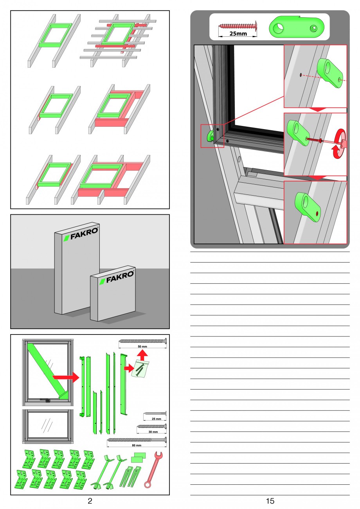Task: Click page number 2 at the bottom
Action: tap(90, 501)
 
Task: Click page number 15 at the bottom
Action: tap(270, 501)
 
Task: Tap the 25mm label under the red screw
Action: tap(238, 34)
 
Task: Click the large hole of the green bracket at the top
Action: tap(278, 28)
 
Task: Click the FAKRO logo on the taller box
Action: tap(81, 234)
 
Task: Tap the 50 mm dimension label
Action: tap(142, 346)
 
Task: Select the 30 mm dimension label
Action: tap(153, 432)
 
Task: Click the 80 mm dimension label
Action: tap(137, 445)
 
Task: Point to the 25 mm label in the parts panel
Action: tap(157, 419)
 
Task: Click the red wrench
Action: tap(153, 469)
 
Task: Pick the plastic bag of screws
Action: tap(141, 370)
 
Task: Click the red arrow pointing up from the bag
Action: tap(142, 355)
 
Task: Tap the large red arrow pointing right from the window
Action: tap(66, 377)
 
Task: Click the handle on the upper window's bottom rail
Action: tap(45, 400)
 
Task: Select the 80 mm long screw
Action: tap(137, 440)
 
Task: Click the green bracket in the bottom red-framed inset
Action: tap(307, 207)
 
